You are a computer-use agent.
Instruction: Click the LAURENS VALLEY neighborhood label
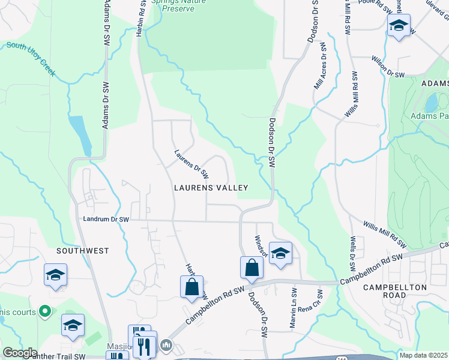point(211,188)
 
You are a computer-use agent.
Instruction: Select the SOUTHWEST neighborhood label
point(82,250)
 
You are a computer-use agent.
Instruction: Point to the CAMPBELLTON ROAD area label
point(395,292)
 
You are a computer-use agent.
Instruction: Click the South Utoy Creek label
point(31,59)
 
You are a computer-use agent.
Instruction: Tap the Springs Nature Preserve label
point(178,5)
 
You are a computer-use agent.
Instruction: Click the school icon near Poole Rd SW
point(399,26)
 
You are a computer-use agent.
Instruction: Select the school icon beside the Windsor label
point(280,253)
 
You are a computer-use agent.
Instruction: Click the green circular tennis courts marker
point(44,311)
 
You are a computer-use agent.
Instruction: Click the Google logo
point(20,353)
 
